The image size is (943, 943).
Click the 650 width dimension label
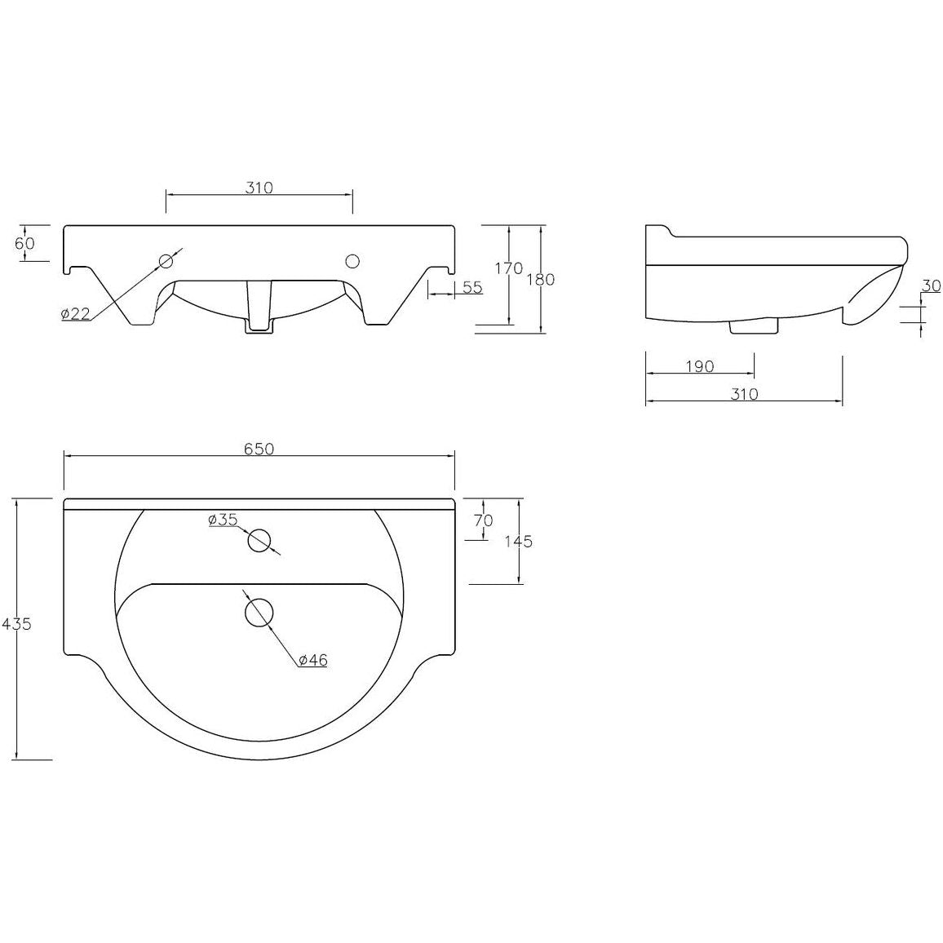pyautogui.click(x=259, y=449)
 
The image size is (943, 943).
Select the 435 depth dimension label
pyautogui.click(x=15, y=624)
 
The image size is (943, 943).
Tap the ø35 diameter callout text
pyautogui.click(x=224, y=520)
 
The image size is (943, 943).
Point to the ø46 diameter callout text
pyautogui.click(x=312, y=660)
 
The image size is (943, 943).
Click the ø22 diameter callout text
pyautogui.click(x=75, y=313)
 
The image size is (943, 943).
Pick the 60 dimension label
pyautogui.click(x=25, y=243)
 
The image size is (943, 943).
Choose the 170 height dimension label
pyautogui.click(x=509, y=269)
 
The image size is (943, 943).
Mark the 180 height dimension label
pyautogui.click(x=540, y=279)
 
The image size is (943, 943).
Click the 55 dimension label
pyautogui.click(x=473, y=287)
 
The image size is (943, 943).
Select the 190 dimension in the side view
pyautogui.click(x=699, y=366)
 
